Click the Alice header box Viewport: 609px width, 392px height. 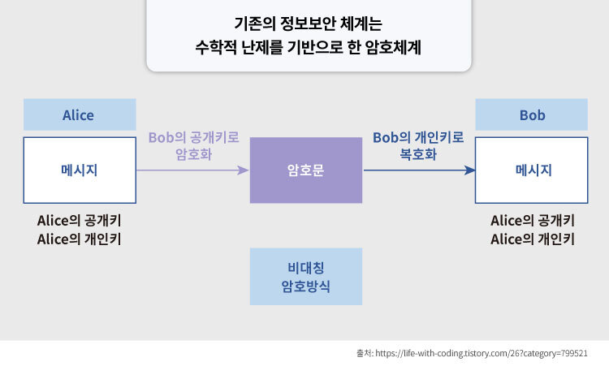[x=79, y=115]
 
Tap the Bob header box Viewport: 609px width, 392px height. [x=532, y=115]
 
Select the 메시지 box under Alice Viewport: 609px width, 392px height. [x=79, y=170]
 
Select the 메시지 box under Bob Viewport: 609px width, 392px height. [x=532, y=170]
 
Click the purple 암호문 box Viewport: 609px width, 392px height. [x=305, y=170]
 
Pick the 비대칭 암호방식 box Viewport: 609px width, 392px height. [x=305, y=276]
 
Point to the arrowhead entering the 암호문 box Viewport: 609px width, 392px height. [x=243, y=170]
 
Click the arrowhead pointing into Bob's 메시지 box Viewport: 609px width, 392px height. [x=469, y=170]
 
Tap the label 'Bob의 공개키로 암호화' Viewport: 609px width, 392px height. [x=193, y=145]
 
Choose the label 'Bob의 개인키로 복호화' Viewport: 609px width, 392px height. [x=418, y=145]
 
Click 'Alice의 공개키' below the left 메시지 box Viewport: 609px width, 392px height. [x=84, y=221]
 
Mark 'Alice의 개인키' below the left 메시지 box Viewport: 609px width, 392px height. [x=84, y=239]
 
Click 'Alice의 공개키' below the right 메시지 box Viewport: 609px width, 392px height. [x=533, y=221]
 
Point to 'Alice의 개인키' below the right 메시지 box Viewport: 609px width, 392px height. [x=533, y=239]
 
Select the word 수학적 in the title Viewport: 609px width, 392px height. [x=215, y=47]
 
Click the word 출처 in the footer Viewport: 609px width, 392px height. [x=364, y=354]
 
